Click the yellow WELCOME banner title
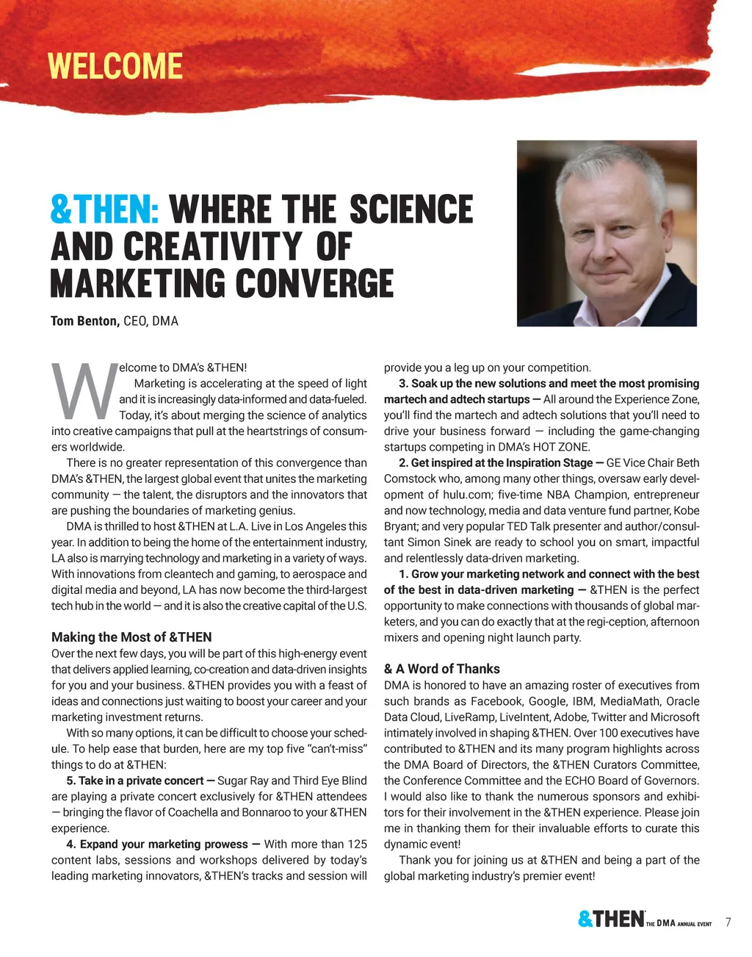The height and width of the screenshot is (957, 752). pos(115,66)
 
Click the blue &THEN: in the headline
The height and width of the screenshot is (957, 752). pos(105,209)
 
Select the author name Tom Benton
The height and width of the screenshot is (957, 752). pos(84,321)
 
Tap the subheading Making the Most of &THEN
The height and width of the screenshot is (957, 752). pos(131,637)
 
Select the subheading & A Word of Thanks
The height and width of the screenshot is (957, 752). pos(441,669)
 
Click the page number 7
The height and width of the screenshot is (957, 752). pos(728,922)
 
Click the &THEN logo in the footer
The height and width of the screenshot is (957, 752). pos(611,920)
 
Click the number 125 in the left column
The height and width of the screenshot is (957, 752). pos(357,844)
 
